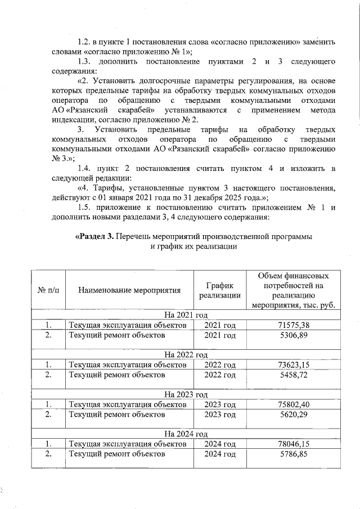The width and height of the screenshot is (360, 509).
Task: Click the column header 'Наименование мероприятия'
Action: pyautogui.click(x=129, y=291)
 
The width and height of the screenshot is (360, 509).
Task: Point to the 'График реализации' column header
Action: pyautogui.click(x=219, y=291)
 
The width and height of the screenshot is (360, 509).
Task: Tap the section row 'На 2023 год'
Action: pyautogui.click(x=186, y=394)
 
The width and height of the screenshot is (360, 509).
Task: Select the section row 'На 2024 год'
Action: pyautogui.click(x=186, y=434)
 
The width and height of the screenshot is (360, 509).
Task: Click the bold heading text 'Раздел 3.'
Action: pyautogui.click(x=94, y=237)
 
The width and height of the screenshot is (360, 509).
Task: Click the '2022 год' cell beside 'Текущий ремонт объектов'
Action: pyautogui.click(x=219, y=375)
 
